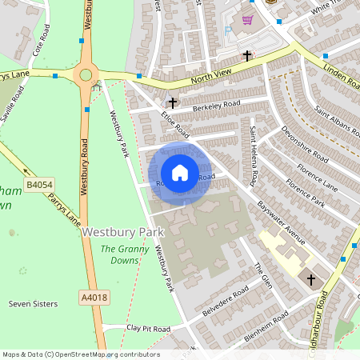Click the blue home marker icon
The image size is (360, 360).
[180, 172]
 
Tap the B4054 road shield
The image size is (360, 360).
[38, 186]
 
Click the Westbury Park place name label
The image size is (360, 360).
[122, 232]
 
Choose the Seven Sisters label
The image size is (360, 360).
[30, 304]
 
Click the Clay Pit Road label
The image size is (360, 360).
[148, 329]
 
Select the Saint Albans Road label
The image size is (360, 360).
[333, 118]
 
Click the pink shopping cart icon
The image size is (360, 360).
[248, 20]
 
